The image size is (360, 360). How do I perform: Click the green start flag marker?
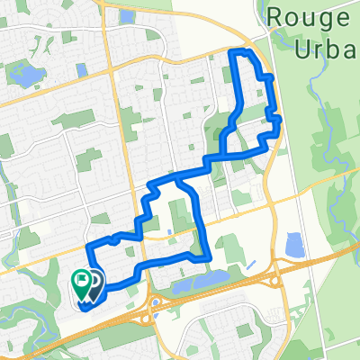pyautogui.click(x=81, y=283)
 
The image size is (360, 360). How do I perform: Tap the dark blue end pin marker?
pyautogui.click(x=94, y=283)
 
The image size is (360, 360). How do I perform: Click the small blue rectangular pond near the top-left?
pyautogui.click(x=83, y=69)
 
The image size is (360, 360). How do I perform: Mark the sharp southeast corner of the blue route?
pyautogui.click(x=210, y=258)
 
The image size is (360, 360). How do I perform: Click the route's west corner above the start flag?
pyautogui.click(x=86, y=247)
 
